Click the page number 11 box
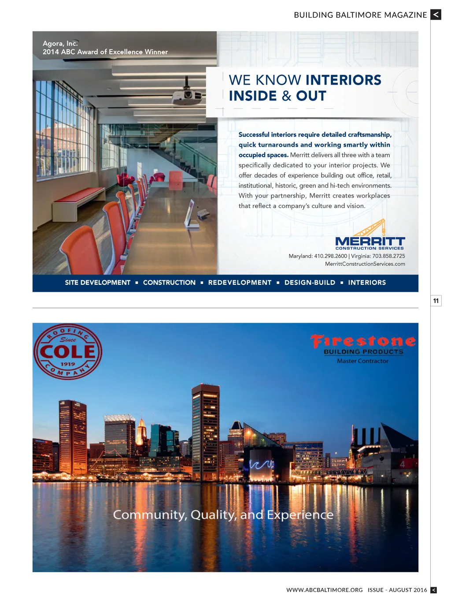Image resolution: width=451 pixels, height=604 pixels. pos(436,301)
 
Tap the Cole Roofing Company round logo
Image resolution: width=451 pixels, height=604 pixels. pos(68,352)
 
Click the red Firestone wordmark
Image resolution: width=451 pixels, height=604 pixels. pos(363,341)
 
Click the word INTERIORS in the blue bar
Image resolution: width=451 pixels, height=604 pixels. pos(367,283)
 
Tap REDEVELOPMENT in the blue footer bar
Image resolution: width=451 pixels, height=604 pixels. pos(240,283)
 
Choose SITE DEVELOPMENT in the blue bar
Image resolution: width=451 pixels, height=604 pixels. pos(98,283)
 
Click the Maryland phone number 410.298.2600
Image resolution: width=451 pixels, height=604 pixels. pos(330,256)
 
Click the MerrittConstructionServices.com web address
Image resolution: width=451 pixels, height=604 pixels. pos(365,264)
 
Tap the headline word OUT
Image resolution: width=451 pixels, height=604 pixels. pos(311,96)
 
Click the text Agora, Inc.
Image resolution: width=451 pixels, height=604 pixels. pos(60,44)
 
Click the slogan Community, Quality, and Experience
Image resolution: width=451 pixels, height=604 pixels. pos(223,515)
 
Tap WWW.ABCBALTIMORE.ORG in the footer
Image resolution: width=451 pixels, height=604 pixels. pos(325,590)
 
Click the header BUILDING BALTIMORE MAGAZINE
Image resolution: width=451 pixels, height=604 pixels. pos(360,15)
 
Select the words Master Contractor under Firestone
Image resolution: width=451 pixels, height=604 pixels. pos(363,361)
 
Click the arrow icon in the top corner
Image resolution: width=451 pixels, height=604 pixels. pos(436,15)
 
